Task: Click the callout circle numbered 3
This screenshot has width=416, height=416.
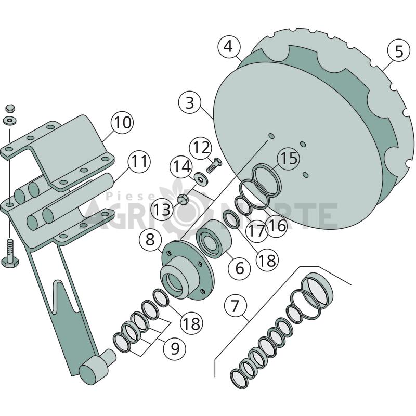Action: click(190, 103)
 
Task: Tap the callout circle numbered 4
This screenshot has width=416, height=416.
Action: click(229, 47)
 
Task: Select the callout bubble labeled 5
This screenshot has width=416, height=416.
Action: click(399, 51)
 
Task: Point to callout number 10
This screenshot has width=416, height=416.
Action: click(122, 123)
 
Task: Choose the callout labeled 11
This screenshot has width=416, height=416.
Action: click(139, 161)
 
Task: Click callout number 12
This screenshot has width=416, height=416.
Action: click(201, 148)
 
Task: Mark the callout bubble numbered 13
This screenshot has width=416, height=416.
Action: click(162, 210)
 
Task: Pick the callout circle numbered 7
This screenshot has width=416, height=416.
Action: click(236, 306)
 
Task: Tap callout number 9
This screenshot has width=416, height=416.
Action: click(175, 348)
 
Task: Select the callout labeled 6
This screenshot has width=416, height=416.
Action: click(240, 267)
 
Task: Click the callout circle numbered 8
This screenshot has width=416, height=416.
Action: click(150, 240)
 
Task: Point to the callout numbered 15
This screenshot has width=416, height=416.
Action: click(289, 159)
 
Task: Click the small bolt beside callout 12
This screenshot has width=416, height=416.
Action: click(214, 165)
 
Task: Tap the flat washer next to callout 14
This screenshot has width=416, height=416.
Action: click(201, 178)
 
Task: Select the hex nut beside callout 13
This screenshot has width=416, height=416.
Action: click(183, 200)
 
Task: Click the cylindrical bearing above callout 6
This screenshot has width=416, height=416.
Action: click(214, 239)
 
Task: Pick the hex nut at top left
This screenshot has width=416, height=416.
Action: click(10, 108)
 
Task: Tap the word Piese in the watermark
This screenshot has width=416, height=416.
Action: click(131, 197)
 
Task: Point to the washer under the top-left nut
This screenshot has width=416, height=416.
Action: click(10, 121)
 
